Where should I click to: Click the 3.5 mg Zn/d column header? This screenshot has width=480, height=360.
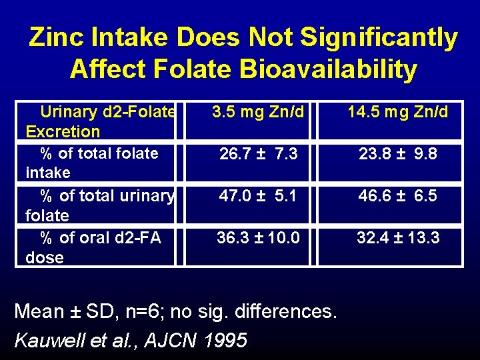(x=258, y=112)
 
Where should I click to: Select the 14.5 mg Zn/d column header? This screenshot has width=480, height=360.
(x=397, y=112)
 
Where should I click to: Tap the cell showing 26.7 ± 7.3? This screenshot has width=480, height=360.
(x=258, y=155)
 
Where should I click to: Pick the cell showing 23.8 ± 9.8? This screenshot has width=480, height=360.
(x=397, y=155)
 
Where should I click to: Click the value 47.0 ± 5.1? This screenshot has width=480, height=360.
(x=258, y=196)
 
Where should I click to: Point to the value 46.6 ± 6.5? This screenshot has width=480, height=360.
(x=397, y=196)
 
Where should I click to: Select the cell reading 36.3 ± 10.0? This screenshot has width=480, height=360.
(x=258, y=238)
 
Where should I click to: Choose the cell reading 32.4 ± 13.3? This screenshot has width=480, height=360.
(x=397, y=238)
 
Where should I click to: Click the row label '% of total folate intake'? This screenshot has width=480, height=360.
(x=97, y=163)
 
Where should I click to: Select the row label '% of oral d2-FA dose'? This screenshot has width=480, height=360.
(x=97, y=247)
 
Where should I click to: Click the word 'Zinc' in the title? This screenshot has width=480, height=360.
(x=55, y=38)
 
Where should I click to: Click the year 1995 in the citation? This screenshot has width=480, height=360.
(x=225, y=340)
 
